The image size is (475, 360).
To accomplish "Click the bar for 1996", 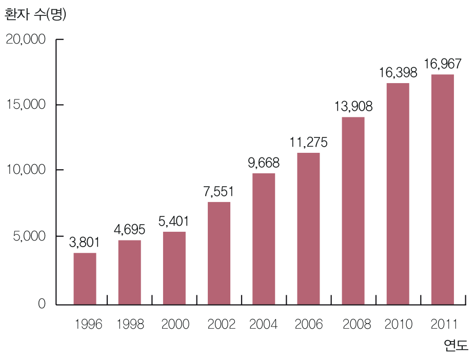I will click(x=85, y=278).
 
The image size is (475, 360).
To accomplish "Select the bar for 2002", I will click(x=219, y=253).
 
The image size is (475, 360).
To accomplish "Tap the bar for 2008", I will click(x=353, y=211).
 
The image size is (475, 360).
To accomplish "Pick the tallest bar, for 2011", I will click(x=442, y=189).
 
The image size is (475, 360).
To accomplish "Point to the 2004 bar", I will click(x=264, y=239).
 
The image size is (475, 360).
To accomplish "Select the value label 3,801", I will click(x=85, y=243).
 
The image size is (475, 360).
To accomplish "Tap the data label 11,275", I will click(x=308, y=143).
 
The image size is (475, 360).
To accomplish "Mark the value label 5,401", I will click(x=174, y=222).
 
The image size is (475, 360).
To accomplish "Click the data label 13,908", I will click(x=353, y=107).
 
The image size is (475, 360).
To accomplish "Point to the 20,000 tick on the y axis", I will click(x=26, y=39).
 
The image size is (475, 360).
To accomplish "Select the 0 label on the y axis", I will click(x=42, y=304).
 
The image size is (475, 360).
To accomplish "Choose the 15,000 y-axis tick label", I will click(x=26, y=105).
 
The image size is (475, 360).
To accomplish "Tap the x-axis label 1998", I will click(x=130, y=325).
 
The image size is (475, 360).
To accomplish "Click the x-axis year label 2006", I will click(x=309, y=325).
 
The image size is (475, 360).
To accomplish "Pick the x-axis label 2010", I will click(x=398, y=325).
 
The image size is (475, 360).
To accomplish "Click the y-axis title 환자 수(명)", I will click(x=35, y=15).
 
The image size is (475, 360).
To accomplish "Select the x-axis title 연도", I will click(x=456, y=345).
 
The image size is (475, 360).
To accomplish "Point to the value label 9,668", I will click(x=264, y=163).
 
